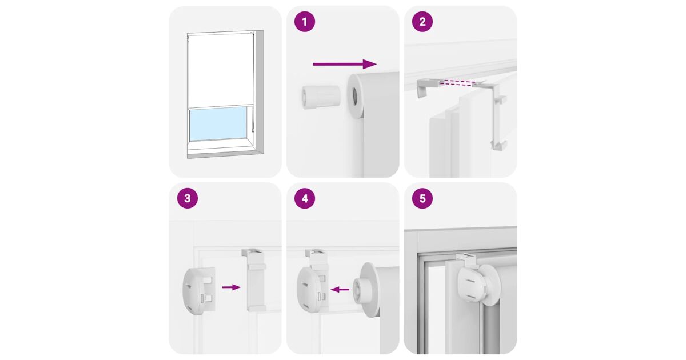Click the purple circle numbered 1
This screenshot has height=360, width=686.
click(x=304, y=22)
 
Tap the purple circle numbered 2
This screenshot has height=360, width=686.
click(x=422, y=22)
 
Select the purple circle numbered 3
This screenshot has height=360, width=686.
click(x=188, y=198)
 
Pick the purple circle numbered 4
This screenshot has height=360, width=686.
click(x=304, y=198)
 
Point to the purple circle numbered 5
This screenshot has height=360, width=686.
click(x=422, y=198)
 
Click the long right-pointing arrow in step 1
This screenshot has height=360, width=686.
click(x=345, y=64)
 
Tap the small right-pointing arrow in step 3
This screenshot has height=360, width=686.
click(x=231, y=287)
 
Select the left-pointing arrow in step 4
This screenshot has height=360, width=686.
click(x=340, y=289)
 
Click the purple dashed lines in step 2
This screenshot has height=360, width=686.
click(x=458, y=83)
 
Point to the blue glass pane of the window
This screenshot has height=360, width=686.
click(x=218, y=123)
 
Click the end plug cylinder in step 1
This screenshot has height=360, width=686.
click(x=321, y=97)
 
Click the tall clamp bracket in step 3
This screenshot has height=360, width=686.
click(x=255, y=280)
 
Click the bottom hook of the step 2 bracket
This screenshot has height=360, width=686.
click(x=498, y=145)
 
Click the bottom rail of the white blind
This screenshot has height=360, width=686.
click(x=221, y=106)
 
